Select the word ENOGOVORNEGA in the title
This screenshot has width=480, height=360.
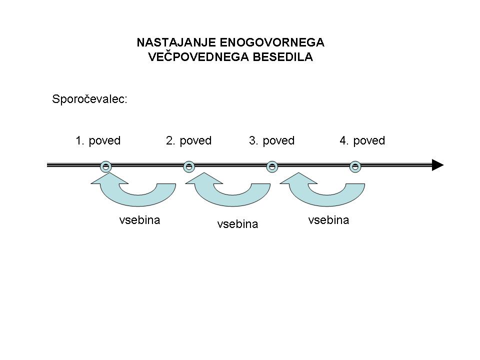click(272, 42)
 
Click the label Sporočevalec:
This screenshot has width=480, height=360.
click(89, 99)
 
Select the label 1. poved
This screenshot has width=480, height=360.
click(98, 140)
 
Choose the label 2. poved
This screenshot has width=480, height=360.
click(188, 140)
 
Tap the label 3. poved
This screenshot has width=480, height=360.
click(272, 140)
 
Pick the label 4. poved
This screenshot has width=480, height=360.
click(362, 140)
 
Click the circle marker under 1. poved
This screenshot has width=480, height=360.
click(106, 167)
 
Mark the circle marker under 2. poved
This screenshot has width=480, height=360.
click(189, 167)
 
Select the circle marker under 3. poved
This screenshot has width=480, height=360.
click(272, 167)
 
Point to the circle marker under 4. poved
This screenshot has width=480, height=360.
click(355, 167)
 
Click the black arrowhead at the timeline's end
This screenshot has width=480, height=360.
click(437, 165)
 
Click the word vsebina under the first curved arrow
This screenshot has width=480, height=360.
click(139, 220)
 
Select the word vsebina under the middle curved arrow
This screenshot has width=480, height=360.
click(237, 224)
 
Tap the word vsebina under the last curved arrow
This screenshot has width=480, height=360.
click(328, 220)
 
